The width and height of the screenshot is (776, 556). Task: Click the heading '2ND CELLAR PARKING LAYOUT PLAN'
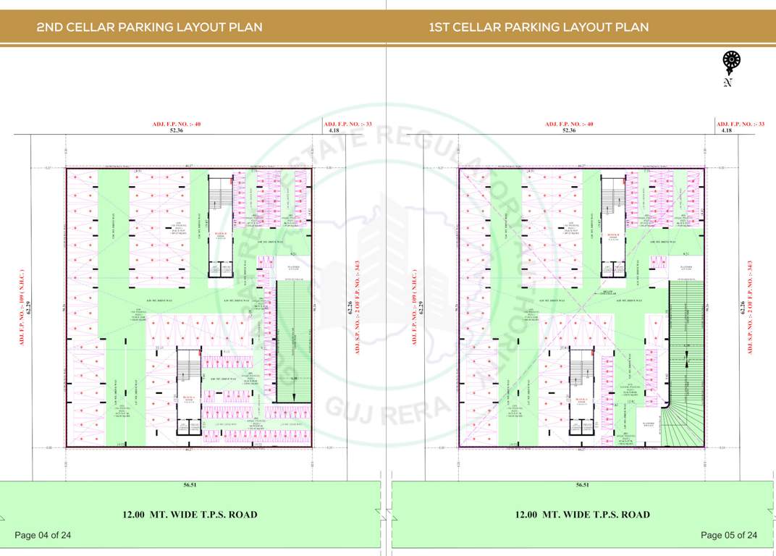tap(149, 28)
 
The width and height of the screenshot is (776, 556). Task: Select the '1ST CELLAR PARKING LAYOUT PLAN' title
tap(539, 28)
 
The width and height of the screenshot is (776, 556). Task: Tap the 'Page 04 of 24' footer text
tap(43, 535)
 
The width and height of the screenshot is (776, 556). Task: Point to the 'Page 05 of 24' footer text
tap(729, 535)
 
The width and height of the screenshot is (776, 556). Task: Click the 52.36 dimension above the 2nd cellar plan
tap(176, 130)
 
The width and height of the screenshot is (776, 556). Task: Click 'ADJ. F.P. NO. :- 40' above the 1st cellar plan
tap(569, 124)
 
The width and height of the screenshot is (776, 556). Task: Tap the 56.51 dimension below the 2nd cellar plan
tap(190, 485)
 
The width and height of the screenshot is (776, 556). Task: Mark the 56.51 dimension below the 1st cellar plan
tap(582, 485)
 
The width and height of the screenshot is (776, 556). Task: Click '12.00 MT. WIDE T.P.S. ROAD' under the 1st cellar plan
tap(582, 515)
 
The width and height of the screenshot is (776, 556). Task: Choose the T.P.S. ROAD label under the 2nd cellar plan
tap(190, 515)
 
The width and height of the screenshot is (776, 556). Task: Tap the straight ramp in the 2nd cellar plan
tap(293, 340)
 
